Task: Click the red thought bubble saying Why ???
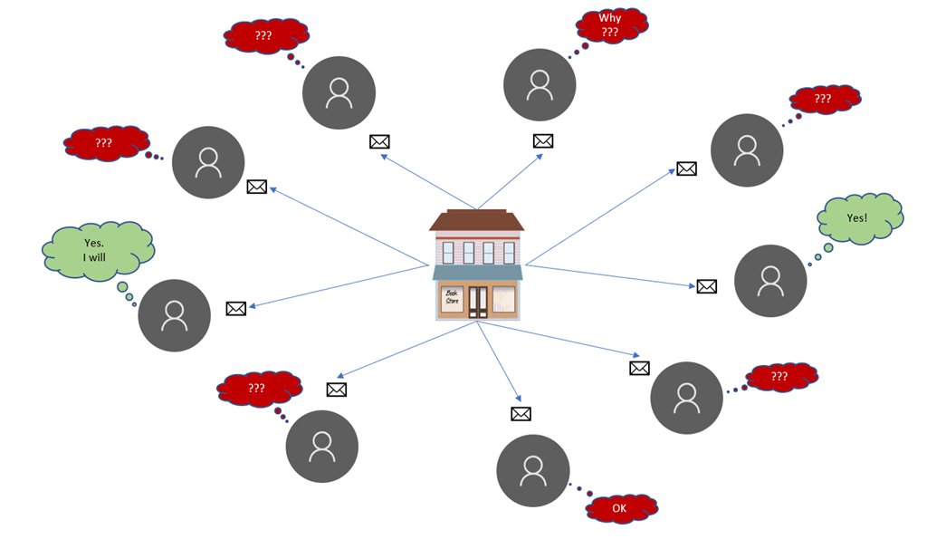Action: click(610, 25)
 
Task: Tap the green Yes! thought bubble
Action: click(858, 218)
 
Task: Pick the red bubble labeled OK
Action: click(620, 508)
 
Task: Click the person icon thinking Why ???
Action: click(540, 85)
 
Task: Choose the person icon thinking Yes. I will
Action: click(174, 315)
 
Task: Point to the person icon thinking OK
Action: click(532, 470)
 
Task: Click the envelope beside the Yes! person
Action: click(707, 286)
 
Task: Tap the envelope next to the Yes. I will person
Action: click(236, 308)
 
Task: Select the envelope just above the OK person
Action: click(521, 414)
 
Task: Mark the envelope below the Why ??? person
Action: click(543, 140)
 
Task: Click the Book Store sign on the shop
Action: click(452, 296)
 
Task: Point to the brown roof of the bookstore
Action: click(476, 221)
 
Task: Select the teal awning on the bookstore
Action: click(477, 273)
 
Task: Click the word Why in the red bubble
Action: click(610, 18)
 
